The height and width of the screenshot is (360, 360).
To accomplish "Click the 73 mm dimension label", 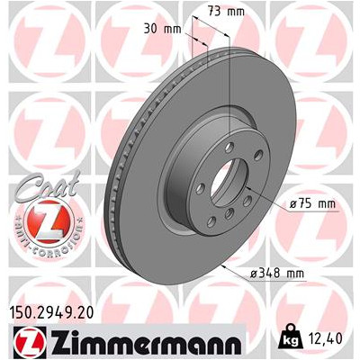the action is tap(226, 12).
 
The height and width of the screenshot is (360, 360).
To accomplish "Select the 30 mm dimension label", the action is tap(163, 30).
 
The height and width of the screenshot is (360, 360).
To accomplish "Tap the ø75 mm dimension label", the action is tap(312, 204).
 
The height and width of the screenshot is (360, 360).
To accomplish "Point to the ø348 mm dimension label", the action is tap(277, 274).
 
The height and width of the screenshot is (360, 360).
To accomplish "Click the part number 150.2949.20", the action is tap(52, 312).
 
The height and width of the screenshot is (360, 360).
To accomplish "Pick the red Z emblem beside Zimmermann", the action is tap(30, 341).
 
